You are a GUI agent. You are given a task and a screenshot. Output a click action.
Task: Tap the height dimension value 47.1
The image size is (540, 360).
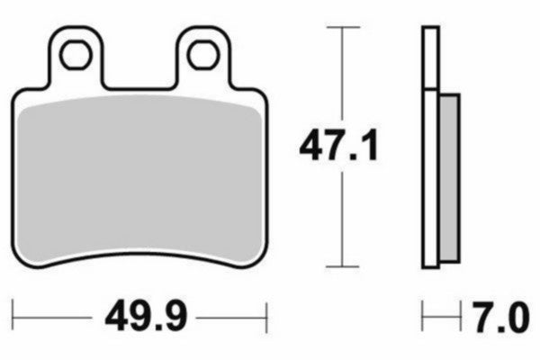[338, 145]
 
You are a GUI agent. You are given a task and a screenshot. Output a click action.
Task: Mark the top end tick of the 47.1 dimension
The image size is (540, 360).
[338, 29]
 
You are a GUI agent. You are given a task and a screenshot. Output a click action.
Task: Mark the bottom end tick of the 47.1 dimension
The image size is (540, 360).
[338, 266]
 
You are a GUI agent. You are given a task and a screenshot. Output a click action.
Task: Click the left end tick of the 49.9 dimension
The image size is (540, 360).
[15, 318]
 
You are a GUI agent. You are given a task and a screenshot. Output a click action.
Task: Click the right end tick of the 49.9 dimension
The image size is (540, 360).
[267, 318]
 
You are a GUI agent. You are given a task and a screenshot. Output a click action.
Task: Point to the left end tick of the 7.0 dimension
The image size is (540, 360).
[423, 318]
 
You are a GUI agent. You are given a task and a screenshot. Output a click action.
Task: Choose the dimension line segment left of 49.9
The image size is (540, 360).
[54, 318]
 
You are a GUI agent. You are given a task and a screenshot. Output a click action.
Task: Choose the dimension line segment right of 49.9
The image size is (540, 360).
[229, 318]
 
